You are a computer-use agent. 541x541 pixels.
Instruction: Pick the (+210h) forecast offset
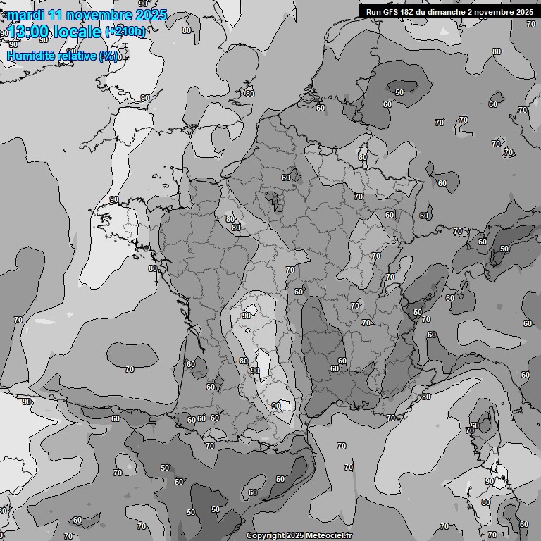coord(125,31)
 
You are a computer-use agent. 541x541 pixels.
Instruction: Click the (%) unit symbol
coord(108,56)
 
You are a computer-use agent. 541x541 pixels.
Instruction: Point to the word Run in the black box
coord(373,12)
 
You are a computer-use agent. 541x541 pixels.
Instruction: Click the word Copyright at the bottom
coord(267,535)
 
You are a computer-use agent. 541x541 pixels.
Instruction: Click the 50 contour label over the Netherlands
coord(399,92)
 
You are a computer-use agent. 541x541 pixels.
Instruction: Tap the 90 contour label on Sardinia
coord(489,481)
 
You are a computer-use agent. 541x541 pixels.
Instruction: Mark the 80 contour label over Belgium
coord(363,157)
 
